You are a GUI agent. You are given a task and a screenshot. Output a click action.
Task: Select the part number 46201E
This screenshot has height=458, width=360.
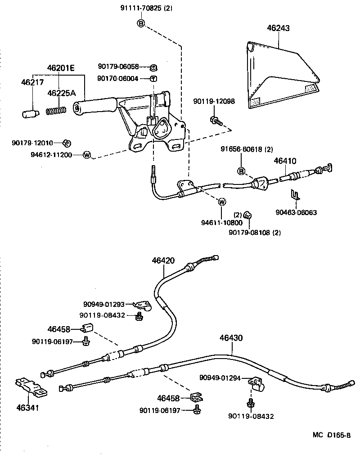pos(61,68)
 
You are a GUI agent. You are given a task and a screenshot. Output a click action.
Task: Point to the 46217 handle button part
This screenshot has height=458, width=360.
pos(29,112)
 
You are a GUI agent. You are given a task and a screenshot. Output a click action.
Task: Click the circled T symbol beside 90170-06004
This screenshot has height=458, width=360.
pos(153,79)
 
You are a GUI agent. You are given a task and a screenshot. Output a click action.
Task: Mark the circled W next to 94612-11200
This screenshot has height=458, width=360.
pos(87,155)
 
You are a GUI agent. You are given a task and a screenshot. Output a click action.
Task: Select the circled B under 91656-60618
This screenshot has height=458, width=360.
pos(241,171)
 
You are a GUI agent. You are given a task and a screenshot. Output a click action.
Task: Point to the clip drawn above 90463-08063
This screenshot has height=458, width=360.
pos(295,195)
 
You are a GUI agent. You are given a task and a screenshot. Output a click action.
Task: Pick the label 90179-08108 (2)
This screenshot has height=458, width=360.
pos(255,232)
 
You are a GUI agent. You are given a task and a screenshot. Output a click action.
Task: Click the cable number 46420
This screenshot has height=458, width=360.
pos(163,260)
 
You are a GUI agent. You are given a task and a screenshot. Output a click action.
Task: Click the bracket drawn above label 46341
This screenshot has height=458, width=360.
pos(30,386)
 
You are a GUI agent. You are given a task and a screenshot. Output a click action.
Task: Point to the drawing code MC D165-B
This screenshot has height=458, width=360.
pos(331,435)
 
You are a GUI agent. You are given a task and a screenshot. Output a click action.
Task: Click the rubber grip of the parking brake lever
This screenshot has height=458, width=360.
pos(94,106)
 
